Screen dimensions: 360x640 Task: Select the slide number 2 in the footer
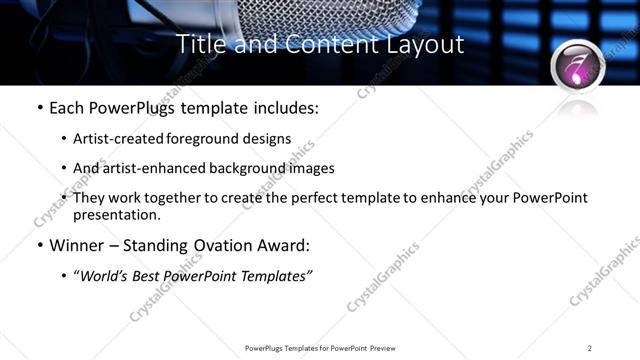pyautogui.click(x=590, y=348)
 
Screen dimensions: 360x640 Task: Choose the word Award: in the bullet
pyautogui.click(x=283, y=244)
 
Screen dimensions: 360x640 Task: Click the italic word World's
pyautogui.click(x=103, y=275)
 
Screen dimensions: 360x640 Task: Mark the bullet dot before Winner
pyautogui.click(x=39, y=245)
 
